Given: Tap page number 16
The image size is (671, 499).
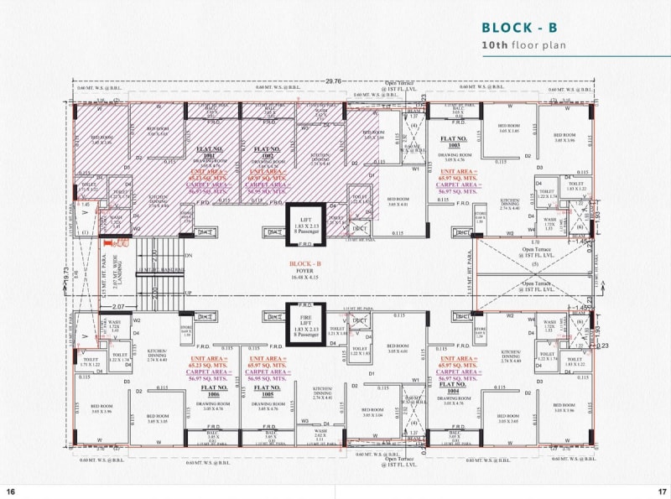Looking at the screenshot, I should tap(11, 491).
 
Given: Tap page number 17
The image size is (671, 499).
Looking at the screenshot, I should tap(661, 491).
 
